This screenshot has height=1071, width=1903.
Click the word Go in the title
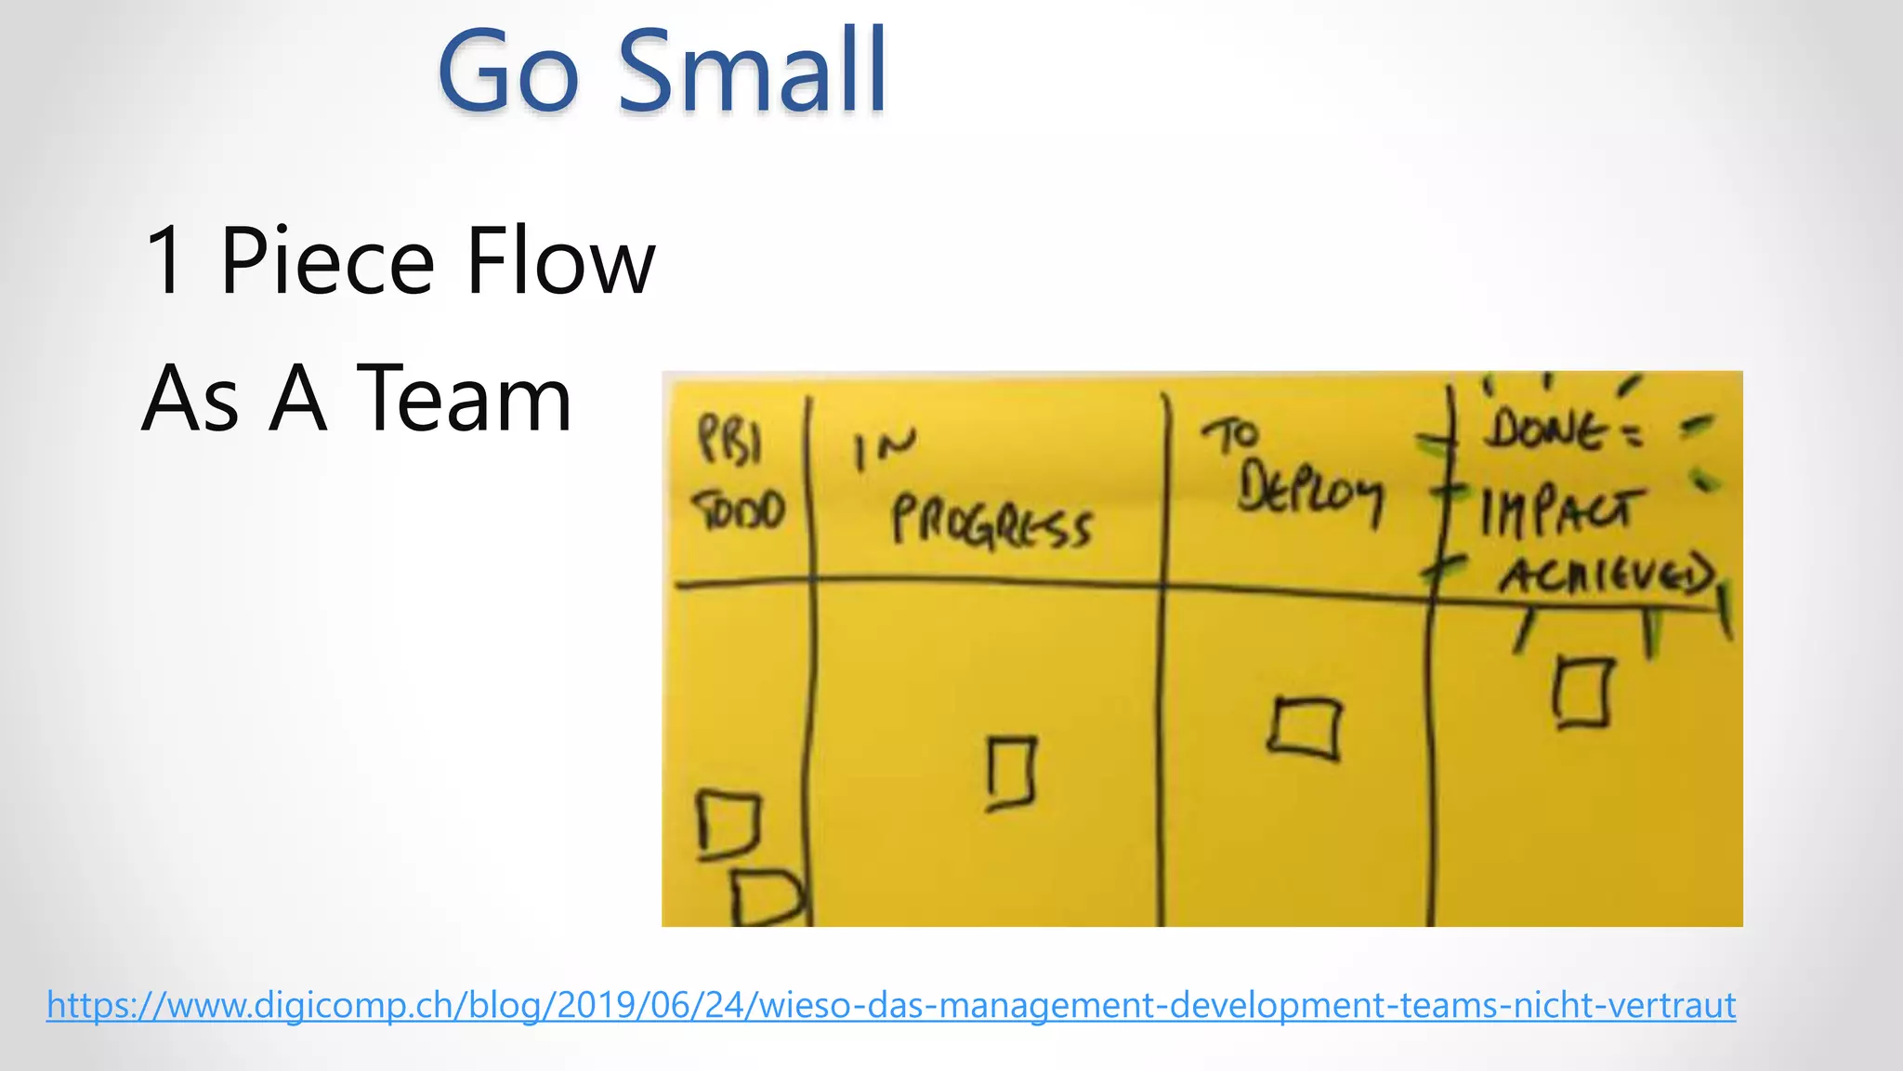[x=508, y=73]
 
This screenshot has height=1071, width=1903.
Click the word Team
[x=464, y=399]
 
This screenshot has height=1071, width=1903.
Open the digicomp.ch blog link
[x=890, y=1006]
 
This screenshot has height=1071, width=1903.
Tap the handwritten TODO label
[x=740, y=510]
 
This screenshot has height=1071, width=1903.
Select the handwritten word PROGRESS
[x=991, y=523]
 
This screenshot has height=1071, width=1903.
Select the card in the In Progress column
[x=1011, y=773]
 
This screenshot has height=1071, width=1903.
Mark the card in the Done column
[x=1581, y=692]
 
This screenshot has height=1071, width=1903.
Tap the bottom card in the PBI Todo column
[x=766, y=898]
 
